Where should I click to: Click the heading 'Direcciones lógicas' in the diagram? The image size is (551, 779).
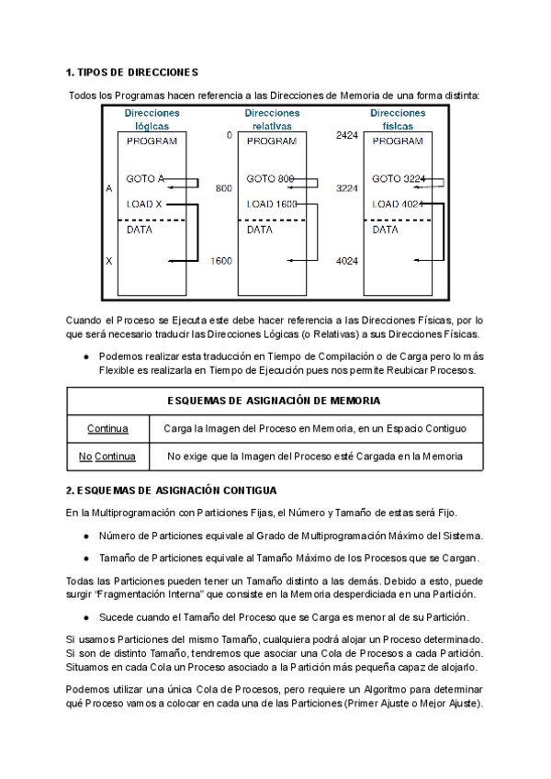pyautogui.click(x=152, y=119)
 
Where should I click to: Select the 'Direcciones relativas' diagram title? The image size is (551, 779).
pyautogui.click(x=272, y=119)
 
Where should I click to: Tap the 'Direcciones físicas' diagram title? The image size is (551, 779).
pyautogui.click(x=398, y=119)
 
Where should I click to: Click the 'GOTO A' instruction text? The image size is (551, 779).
pyautogui.click(x=146, y=178)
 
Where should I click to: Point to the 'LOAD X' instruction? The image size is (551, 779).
pyautogui.click(x=144, y=204)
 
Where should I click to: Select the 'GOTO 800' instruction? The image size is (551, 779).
pyautogui.click(x=270, y=178)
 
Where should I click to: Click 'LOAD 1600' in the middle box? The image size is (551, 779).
pyautogui.click(x=272, y=204)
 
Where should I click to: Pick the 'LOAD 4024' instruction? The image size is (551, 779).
pyautogui.click(x=399, y=204)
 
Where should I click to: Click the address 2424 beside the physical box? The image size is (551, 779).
pyautogui.click(x=346, y=136)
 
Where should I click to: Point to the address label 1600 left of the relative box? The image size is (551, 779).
pyautogui.click(x=221, y=261)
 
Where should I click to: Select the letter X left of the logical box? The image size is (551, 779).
pyautogui.click(x=109, y=261)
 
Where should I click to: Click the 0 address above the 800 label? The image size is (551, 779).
pyautogui.click(x=229, y=136)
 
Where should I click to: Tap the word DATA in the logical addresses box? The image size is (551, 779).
pyautogui.click(x=140, y=231)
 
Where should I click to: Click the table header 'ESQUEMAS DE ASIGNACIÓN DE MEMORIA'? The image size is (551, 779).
pyautogui.click(x=275, y=401)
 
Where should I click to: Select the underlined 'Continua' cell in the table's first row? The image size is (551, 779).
pyautogui.click(x=107, y=428)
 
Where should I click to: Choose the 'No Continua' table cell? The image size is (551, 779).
pyautogui.click(x=107, y=456)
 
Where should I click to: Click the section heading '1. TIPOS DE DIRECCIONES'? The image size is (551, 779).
pyautogui.click(x=132, y=72)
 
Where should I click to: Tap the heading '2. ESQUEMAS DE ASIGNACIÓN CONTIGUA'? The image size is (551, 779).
pyautogui.click(x=171, y=491)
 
